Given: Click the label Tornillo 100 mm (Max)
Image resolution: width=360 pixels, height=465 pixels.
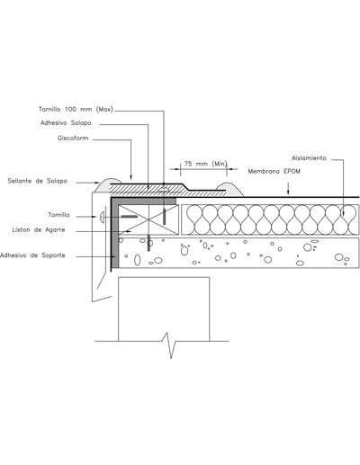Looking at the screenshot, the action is pos(76,110).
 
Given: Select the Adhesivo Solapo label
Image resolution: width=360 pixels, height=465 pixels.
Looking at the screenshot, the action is pos(66,123).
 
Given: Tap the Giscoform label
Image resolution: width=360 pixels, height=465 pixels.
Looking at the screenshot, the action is pos(73,139).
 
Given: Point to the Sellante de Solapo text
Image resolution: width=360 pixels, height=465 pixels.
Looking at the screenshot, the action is pos(38,181).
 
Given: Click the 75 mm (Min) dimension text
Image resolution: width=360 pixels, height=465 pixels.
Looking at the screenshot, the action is pos(205,164).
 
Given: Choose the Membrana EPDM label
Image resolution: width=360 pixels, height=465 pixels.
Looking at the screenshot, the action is pos(274,172).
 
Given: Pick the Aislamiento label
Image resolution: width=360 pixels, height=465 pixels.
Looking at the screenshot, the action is pos(309,158).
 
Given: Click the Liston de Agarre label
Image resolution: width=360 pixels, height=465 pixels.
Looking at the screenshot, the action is pos(39,230).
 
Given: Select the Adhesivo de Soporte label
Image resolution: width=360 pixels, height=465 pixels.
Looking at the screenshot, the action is pos(32,255).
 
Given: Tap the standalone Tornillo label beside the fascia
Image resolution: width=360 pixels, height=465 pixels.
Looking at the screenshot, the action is pos(58,215).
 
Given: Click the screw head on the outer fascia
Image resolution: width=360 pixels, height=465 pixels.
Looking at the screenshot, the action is pos(102,217).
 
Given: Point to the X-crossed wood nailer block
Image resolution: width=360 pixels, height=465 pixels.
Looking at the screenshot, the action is pos(148,219).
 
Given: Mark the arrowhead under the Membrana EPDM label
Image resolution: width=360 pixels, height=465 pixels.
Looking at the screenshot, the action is pos(288,192).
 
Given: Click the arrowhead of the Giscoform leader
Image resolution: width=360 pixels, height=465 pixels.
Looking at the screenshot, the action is pos(131,176).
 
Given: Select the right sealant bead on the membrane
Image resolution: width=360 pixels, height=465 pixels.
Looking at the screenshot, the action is pos(229,189).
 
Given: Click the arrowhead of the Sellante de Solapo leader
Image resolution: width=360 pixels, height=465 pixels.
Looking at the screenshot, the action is pos(96,183).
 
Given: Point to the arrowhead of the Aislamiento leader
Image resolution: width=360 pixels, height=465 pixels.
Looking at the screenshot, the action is pos(344,213).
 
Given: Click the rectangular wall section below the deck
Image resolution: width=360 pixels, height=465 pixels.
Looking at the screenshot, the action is pos(164,309).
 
